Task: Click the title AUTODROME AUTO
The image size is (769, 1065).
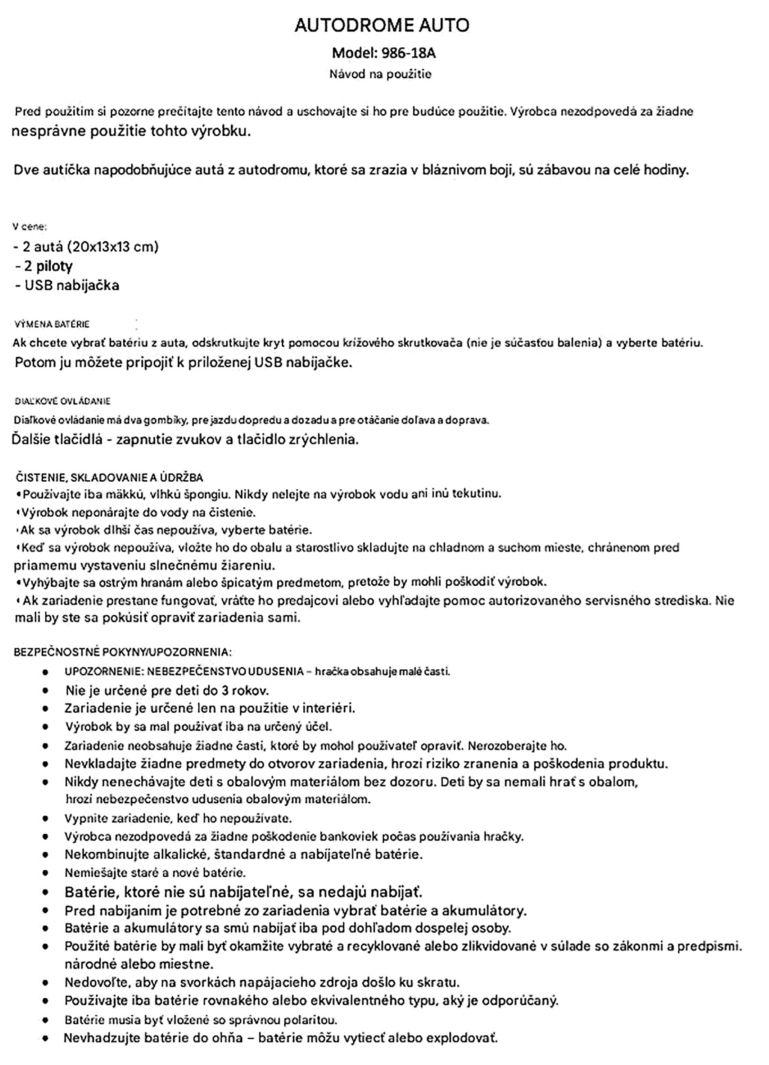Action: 382,25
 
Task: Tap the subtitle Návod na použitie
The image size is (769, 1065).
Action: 380,74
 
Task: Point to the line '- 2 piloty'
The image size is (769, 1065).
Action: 44,266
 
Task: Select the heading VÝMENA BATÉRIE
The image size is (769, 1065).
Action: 52,324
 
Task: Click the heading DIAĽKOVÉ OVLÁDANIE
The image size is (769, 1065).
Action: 62,401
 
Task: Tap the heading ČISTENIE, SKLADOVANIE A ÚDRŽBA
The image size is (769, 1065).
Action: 110,478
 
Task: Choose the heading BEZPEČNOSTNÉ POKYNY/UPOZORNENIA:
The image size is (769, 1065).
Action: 122,652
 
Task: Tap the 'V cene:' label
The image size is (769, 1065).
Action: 29,227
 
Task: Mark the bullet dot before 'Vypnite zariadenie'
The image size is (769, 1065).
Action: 45,818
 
